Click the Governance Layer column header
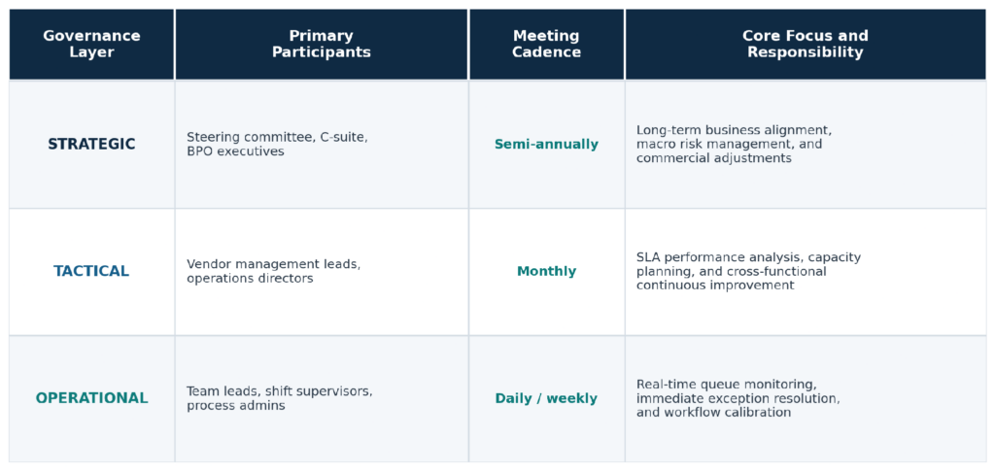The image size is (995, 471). [91, 45]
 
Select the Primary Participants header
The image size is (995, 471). [321, 45]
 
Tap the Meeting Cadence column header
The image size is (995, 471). [546, 45]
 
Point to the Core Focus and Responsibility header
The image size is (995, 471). [806, 45]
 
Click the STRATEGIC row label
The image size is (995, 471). [91, 145]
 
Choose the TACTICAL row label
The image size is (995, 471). [91, 271]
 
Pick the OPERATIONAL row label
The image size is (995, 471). [91, 398]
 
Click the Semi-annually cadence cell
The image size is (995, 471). [546, 145]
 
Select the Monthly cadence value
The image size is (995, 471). [546, 271]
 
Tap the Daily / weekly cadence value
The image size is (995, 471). [546, 398]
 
